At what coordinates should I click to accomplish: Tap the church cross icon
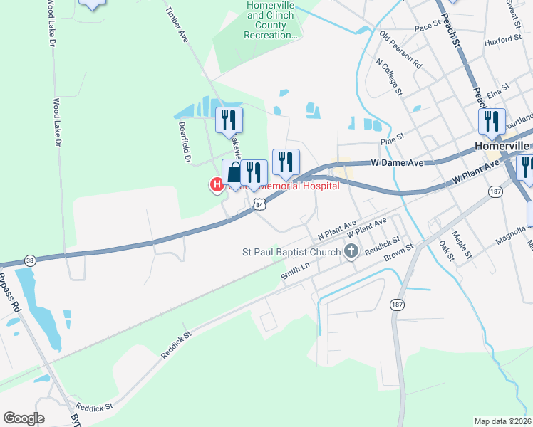[351, 251]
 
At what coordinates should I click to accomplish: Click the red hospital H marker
[216, 185]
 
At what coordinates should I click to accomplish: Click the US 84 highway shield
[260, 205]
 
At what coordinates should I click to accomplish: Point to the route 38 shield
[29, 261]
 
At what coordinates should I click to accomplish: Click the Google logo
[24, 418]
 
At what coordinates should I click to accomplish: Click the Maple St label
[462, 242]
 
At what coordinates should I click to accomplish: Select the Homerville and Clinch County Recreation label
[270, 20]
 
